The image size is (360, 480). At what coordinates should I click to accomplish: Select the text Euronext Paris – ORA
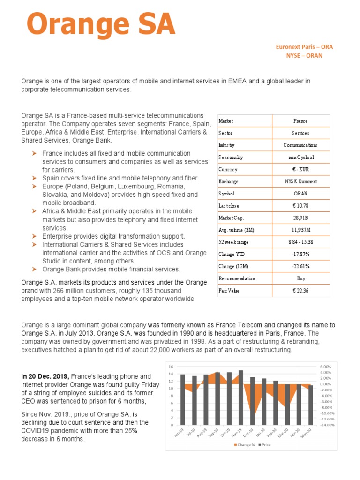304,47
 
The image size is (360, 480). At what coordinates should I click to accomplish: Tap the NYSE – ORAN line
304,55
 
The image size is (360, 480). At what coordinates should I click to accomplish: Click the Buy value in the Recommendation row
300,278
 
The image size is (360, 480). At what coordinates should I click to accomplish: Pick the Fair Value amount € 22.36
300,291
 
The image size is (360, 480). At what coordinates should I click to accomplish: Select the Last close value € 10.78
300,206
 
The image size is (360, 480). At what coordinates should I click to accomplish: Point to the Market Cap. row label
232,218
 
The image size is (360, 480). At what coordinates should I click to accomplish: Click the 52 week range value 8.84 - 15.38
300,242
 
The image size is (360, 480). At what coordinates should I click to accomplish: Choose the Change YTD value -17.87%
300,254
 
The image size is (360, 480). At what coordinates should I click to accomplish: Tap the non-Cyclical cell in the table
300,157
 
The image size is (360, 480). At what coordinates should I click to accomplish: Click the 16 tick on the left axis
171,366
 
